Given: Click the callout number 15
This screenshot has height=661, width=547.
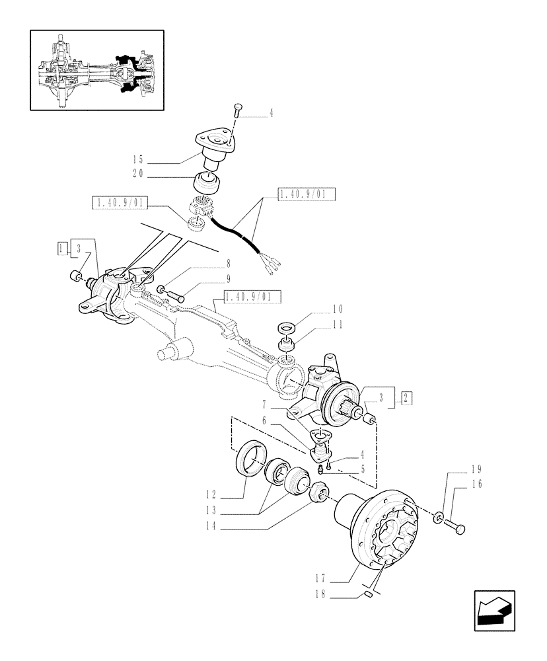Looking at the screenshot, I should (137, 159).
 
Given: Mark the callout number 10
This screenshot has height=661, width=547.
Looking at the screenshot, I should (338, 309).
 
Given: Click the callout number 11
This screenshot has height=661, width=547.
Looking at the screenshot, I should (338, 324).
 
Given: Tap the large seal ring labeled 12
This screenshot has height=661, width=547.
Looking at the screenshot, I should (251, 457).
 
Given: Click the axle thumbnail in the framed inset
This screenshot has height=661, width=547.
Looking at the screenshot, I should (96, 71).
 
